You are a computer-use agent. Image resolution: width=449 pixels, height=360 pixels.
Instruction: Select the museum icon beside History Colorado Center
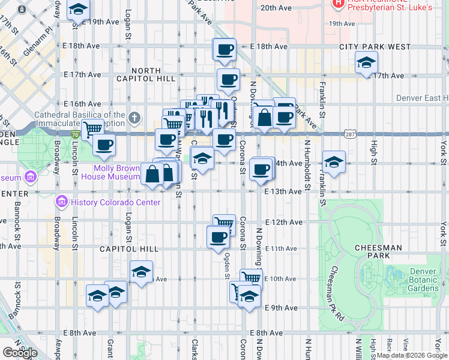(x=60, y=202)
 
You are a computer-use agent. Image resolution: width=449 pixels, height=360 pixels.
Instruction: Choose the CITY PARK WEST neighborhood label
(x=375, y=47)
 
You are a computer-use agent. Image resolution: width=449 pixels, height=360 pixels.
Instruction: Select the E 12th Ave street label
(x=283, y=222)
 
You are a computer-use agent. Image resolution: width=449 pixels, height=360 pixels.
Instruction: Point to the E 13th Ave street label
(x=282, y=191)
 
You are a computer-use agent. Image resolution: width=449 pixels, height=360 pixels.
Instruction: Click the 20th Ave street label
(x=276, y=8)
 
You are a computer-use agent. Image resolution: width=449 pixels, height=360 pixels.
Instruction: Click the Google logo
(x=20, y=353)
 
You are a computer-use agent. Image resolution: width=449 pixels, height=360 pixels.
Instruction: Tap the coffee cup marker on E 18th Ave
(x=225, y=49)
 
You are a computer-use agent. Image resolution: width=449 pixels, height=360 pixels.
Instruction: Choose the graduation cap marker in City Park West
(x=366, y=62)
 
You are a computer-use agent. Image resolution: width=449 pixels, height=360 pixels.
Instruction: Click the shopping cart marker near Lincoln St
(x=92, y=128)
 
